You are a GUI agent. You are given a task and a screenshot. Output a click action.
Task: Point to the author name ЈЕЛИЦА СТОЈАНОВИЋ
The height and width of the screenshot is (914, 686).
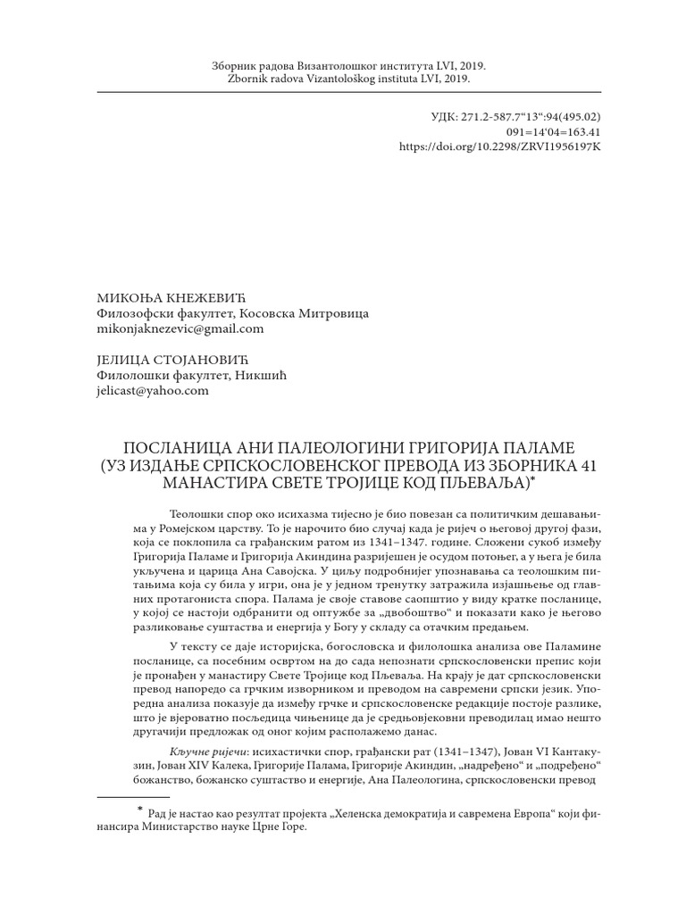(x=170, y=360)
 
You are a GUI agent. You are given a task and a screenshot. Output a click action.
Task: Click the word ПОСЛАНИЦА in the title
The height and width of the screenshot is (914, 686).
(x=167, y=446)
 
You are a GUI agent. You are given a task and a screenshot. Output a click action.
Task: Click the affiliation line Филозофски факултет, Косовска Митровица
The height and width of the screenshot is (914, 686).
(x=231, y=313)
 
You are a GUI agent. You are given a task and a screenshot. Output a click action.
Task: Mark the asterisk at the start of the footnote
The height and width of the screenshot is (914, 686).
(x=139, y=810)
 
